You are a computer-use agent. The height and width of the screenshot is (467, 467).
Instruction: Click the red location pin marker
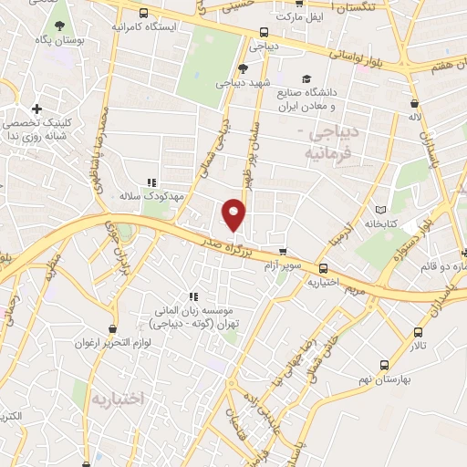(x=234, y=214)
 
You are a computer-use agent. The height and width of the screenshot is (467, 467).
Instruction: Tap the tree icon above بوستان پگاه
(x=60, y=26)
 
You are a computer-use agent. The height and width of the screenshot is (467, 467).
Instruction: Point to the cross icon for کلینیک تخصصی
(x=36, y=109)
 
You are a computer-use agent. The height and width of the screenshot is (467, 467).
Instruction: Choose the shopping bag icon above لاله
(x=415, y=103)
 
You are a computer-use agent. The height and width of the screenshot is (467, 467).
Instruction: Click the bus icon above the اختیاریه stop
(x=324, y=268)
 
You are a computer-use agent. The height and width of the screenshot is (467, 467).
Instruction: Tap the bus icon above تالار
(x=419, y=334)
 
